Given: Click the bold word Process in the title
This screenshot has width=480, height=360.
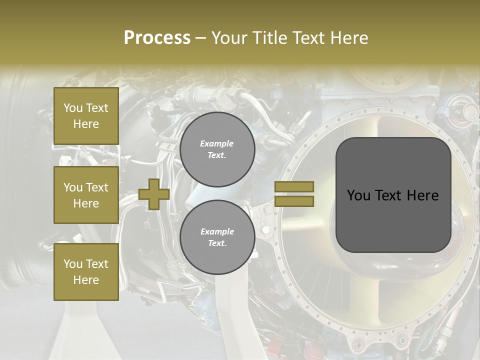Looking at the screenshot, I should point(157,38).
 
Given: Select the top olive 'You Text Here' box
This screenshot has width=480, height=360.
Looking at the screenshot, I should point(86,116).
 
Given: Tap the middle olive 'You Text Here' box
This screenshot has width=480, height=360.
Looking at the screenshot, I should point(86,195).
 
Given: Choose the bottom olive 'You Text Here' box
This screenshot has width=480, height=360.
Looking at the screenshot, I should point(86,272).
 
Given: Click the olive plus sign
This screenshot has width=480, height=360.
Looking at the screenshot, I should point(154,194).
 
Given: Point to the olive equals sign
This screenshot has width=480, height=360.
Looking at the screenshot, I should point(294,194).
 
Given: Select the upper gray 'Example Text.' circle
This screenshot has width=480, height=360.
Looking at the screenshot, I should point(217,149).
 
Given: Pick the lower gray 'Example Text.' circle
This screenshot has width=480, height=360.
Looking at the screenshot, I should point(217,237).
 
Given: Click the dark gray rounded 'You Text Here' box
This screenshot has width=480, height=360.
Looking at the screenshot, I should point(393,195).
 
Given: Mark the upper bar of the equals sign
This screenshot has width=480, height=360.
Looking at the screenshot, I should point(294,187).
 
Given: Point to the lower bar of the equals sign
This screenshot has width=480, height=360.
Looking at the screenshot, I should point(294,201).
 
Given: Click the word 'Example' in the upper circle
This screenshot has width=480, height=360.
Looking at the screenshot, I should point(217,143).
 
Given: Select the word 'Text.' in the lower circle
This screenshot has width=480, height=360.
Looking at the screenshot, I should point(217,243).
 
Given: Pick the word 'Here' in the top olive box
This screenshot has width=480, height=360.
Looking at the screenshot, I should point(86,124).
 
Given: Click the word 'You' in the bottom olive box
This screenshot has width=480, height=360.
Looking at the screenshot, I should point(73,264).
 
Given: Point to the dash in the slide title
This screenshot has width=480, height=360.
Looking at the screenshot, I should point(200,38).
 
